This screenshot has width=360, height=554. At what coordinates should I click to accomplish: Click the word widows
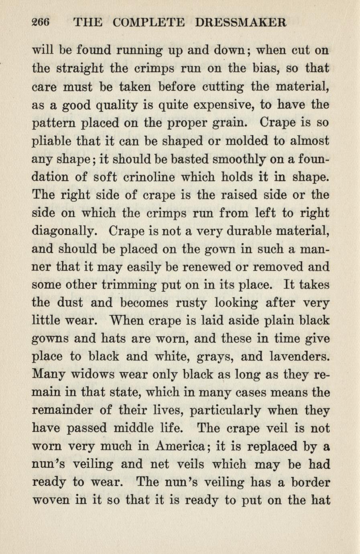93,375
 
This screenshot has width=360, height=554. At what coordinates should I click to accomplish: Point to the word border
307,482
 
